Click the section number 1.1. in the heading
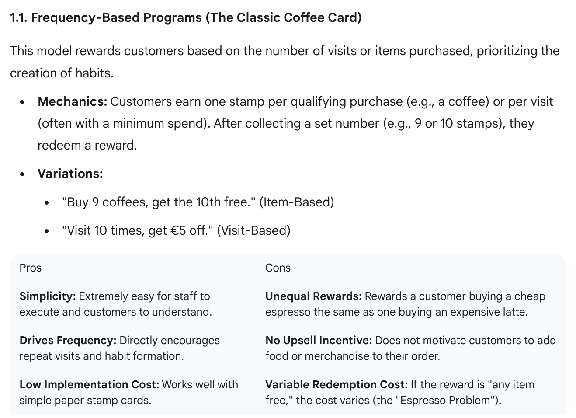18,18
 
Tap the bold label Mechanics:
72,101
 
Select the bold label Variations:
70,174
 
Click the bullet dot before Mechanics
22,102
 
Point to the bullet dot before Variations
22,174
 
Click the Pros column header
30,268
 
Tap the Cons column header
278,268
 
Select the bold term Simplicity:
48,296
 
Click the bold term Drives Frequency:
68,340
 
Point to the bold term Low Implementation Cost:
89,384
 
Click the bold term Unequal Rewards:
313,296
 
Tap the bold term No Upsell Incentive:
319,340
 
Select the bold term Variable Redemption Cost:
336,384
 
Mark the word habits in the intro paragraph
94,73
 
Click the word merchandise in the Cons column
336,356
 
